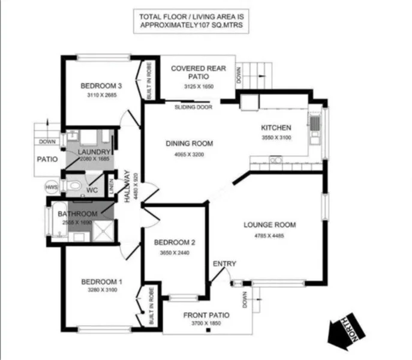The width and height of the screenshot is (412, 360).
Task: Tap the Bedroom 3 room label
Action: point(96,86)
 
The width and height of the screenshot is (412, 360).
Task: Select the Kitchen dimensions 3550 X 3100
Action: point(276,138)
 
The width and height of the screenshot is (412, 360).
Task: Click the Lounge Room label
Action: point(270,225)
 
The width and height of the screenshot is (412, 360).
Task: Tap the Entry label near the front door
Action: point(224,263)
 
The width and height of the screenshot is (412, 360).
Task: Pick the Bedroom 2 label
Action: point(175,243)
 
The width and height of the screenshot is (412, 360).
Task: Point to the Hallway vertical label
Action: point(127,187)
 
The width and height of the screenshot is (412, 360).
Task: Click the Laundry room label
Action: point(94,152)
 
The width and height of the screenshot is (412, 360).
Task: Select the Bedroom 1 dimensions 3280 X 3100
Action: point(101,290)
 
